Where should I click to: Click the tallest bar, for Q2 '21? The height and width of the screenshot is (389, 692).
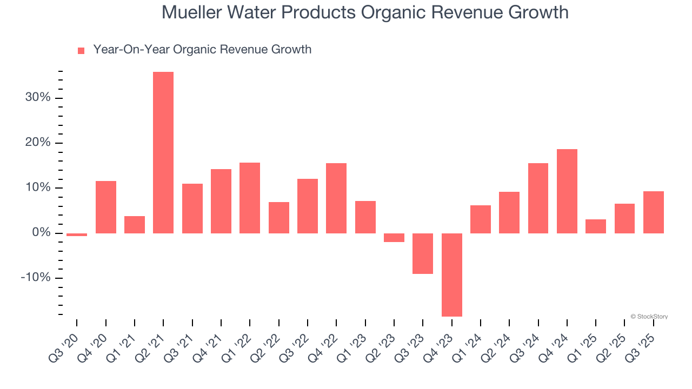tap(163, 152)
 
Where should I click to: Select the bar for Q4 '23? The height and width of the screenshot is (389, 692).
tap(452, 274)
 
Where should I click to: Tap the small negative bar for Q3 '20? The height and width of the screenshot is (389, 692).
tap(77, 234)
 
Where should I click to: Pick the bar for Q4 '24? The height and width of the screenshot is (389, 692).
tap(567, 191)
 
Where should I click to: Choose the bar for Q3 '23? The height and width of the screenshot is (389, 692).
tap(423, 253)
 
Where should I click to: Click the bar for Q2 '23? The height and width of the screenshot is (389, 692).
tap(394, 238)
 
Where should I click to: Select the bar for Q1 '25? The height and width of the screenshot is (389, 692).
tap(596, 226)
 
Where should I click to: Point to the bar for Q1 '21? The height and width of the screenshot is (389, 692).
tap(135, 225)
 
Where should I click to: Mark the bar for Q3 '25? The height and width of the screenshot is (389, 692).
tap(654, 212)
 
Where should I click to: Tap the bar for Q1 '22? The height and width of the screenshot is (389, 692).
tap(250, 198)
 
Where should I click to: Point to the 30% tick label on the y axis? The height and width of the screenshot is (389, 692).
tap(37, 98)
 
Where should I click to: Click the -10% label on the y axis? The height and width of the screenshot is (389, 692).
tap(36, 278)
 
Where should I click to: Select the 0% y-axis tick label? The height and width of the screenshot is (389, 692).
tap(41, 233)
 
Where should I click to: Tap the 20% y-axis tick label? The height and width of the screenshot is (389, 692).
tap(37, 143)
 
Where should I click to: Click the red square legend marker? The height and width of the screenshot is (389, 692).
tap(81, 50)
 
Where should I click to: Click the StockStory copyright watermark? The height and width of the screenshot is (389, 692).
tap(649, 317)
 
